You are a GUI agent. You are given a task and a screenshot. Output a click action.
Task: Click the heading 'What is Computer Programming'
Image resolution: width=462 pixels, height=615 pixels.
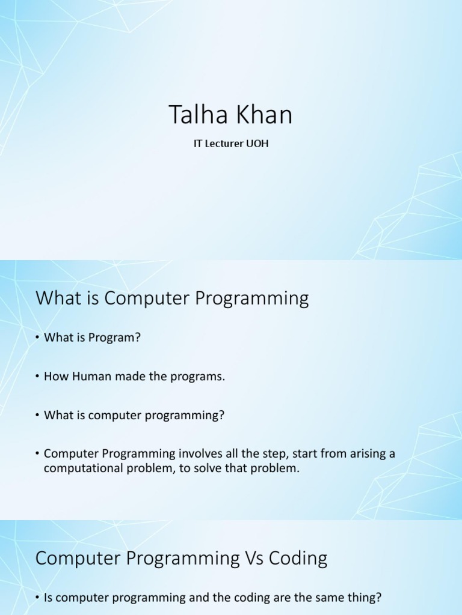point(172,298)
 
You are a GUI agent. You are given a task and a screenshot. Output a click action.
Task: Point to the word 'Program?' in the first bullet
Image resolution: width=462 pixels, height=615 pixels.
point(114,338)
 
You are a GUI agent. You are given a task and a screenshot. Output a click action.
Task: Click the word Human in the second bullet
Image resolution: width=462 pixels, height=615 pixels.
point(86,377)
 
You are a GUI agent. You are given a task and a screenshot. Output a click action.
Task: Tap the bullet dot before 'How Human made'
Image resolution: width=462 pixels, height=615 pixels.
point(37,377)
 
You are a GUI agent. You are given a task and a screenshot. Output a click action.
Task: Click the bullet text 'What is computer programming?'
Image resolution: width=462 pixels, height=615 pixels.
point(134,416)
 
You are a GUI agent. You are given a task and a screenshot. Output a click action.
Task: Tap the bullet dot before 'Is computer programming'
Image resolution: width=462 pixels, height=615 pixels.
point(37,598)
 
